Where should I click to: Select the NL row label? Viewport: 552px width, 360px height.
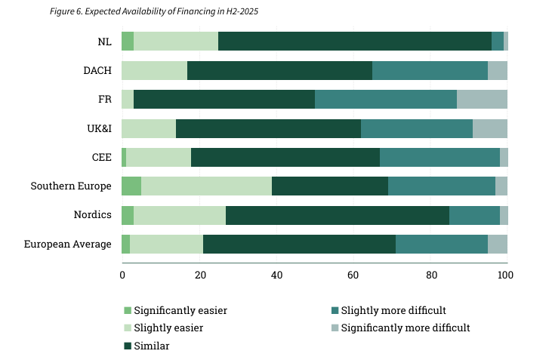(x=104, y=42)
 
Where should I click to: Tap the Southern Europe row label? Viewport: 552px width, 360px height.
(x=71, y=186)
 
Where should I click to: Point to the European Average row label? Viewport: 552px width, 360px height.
(x=68, y=244)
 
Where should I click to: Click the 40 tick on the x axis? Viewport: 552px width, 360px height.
(x=276, y=275)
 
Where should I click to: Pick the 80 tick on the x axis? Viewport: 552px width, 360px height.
(x=430, y=275)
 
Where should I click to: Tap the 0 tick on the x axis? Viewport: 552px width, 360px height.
(x=122, y=275)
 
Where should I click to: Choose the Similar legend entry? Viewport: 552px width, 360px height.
(x=151, y=346)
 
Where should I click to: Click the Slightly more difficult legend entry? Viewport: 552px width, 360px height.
(x=393, y=310)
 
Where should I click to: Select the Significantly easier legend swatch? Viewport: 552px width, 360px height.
(x=127, y=310)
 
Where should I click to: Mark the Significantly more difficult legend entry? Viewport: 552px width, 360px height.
(x=406, y=328)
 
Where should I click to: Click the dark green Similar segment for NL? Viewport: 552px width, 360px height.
(x=354, y=42)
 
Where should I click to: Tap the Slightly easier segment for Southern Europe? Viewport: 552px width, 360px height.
(x=206, y=186)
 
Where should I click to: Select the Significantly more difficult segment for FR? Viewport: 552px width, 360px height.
(x=482, y=99)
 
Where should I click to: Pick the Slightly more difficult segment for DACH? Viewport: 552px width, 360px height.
(x=430, y=70)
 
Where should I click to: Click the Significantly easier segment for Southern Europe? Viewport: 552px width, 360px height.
(x=131, y=186)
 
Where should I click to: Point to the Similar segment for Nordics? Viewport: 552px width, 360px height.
(x=337, y=214)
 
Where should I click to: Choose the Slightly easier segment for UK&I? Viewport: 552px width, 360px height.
(x=149, y=128)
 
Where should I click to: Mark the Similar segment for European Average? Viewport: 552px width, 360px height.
(x=299, y=244)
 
